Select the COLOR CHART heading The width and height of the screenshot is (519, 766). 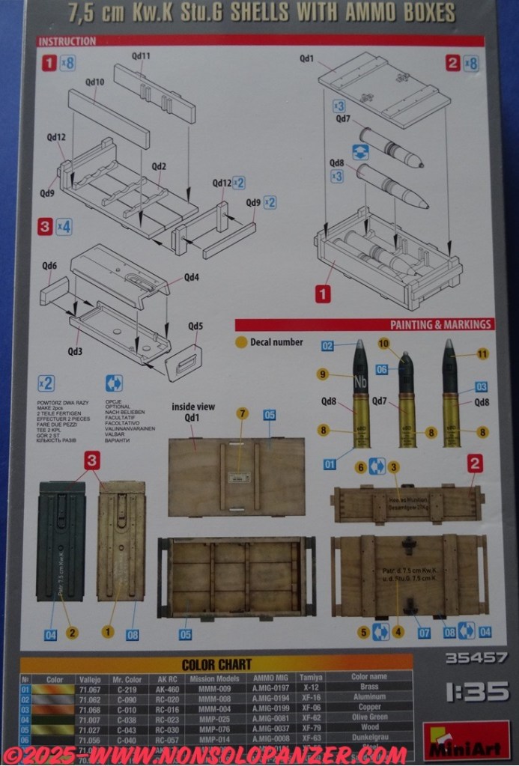216,664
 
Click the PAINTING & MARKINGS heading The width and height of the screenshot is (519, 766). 441,324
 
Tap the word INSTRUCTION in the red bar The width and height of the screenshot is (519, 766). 67,41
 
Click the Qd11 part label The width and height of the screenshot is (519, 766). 141,56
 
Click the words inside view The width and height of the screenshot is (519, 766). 193,407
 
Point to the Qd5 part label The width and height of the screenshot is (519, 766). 196,326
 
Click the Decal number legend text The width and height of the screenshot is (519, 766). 277,342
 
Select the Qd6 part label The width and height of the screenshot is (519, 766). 49,266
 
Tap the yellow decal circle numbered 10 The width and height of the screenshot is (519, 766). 384,344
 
